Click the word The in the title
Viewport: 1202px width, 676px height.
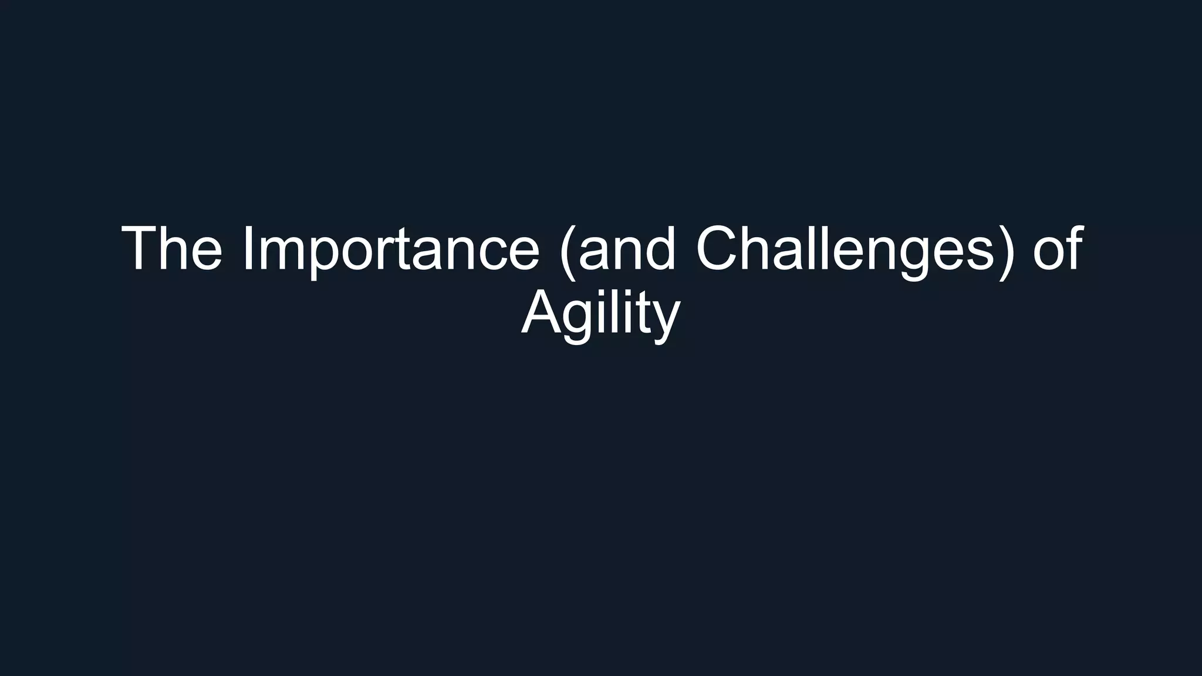[x=172, y=249]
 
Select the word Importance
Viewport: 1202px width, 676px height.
[x=390, y=249]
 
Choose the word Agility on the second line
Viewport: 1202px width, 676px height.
[x=600, y=313]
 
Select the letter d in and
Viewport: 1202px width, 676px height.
[x=660, y=249]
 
